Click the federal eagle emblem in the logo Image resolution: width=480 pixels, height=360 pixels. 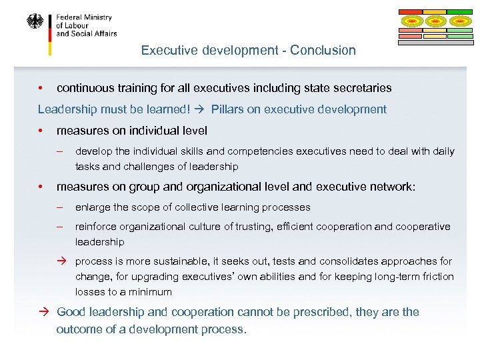pyautogui.click(x=35, y=21)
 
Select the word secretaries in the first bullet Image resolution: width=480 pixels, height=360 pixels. pyautogui.click(x=362, y=88)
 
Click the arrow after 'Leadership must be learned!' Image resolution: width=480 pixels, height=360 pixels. pyautogui.click(x=205, y=109)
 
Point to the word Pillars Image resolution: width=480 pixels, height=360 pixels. pyautogui.click(x=227, y=109)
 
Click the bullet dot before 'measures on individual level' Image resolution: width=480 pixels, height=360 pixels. pyautogui.click(x=41, y=131)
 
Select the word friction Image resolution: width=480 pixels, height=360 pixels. pyautogui.click(x=437, y=277)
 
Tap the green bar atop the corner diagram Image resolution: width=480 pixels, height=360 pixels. pyautogui.click(x=459, y=12)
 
